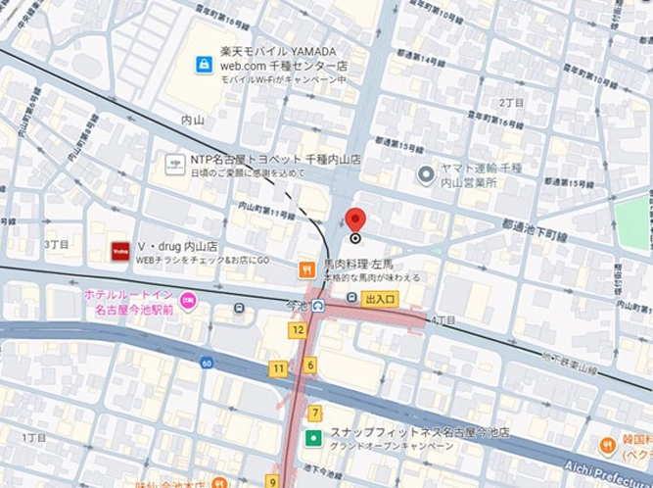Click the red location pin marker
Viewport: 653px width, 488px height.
355,220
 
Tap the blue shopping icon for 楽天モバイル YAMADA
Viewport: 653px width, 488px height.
204,64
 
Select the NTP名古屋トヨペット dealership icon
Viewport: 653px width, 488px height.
175,164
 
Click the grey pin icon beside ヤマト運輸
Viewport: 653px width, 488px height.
426,174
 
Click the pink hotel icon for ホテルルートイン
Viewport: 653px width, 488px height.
188,299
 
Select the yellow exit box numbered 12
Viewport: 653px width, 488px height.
298,330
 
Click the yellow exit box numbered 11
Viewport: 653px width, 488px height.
279,368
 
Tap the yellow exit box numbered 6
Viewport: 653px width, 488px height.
310,366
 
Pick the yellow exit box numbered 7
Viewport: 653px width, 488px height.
314,413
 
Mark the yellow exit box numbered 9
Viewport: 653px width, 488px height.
271,481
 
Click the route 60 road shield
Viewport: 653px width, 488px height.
206,363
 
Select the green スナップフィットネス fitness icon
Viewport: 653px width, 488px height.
313,438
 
